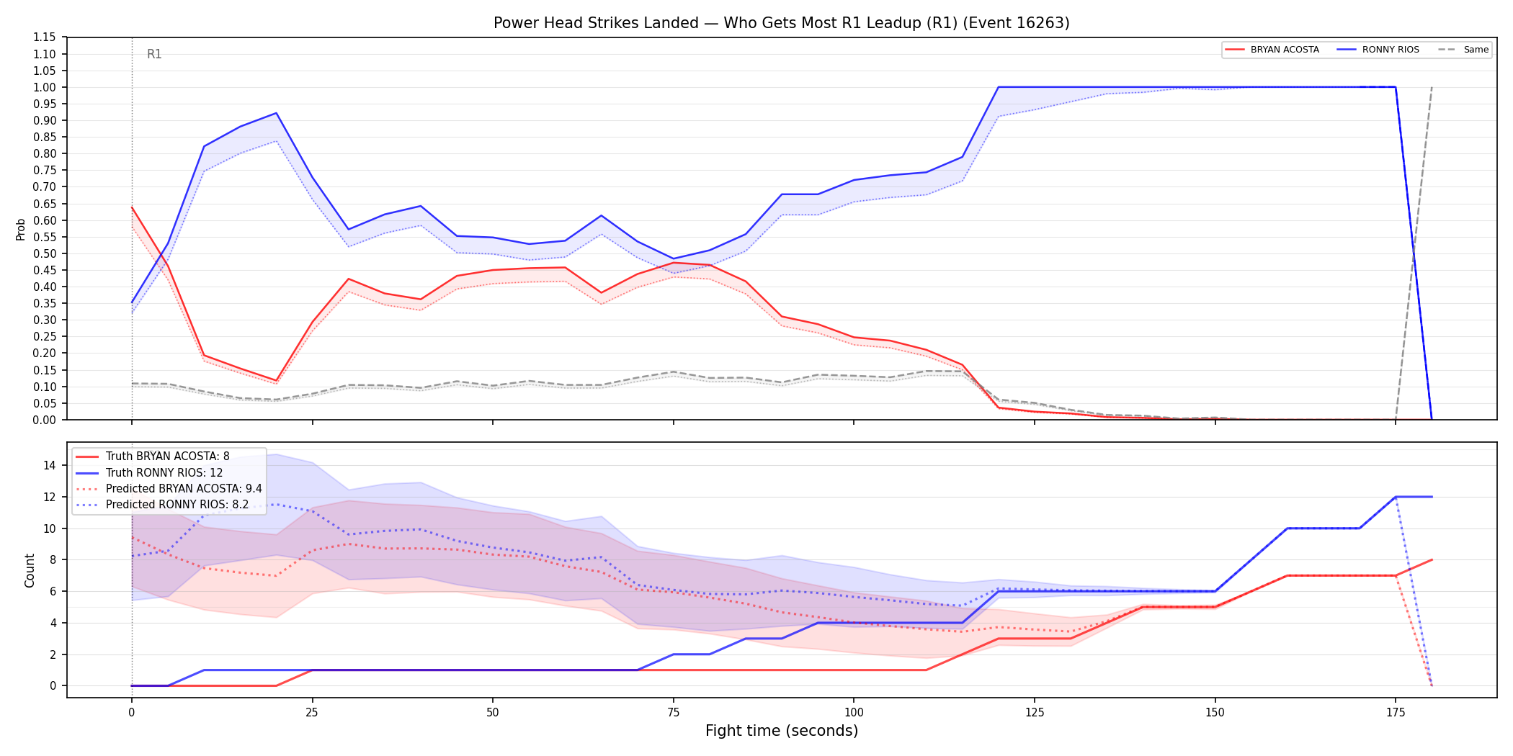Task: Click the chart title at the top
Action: click(x=781, y=23)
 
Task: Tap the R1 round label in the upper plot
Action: click(x=154, y=54)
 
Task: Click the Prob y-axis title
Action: click(x=21, y=229)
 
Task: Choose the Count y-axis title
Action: click(x=30, y=570)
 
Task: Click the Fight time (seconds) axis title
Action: click(x=782, y=731)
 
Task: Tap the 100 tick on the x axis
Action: click(x=853, y=713)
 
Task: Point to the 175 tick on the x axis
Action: click(x=1396, y=713)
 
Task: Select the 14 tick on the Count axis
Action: click(x=50, y=465)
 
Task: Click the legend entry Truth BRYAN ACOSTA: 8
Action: click(x=168, y=456)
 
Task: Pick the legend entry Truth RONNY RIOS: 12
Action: click(x=164, y=473)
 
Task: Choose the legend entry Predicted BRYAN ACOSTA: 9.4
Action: click(x=184, y=489)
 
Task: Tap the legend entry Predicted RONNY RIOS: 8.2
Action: click(x=177, y=505)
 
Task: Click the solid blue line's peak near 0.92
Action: click(x=276, y=113)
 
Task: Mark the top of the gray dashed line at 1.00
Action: click(x=1432, y=87)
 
